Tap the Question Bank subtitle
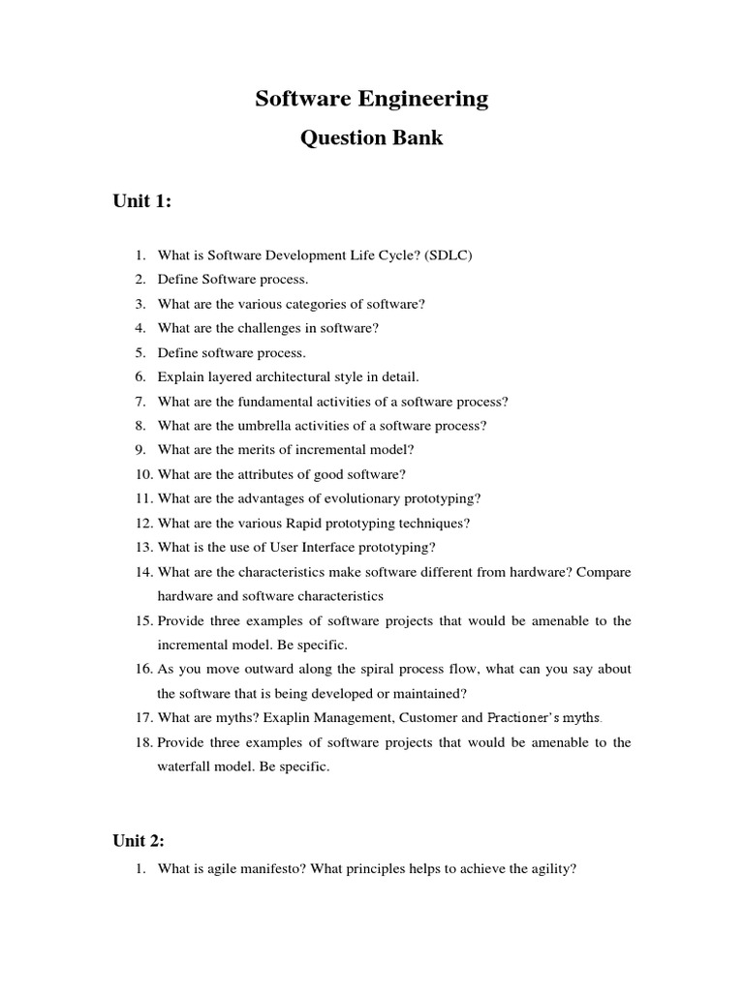371,137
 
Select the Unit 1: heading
142,200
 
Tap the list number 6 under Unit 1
139,376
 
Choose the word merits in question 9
270,450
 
